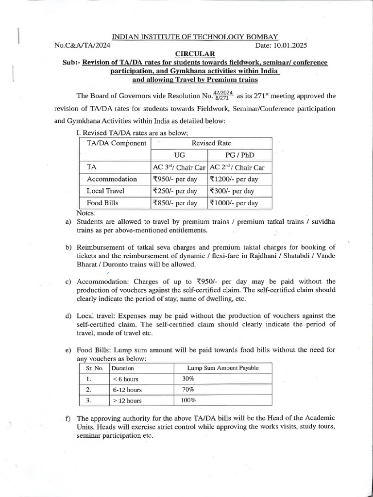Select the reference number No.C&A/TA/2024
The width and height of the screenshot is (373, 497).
point(83,45)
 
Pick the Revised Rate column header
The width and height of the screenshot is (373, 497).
point(211,143)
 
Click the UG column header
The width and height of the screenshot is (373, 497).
point(179,155)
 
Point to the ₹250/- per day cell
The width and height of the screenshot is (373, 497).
point(174,191)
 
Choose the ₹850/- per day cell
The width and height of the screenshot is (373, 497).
point(174,203)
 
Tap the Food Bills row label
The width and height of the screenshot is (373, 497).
point(102,203)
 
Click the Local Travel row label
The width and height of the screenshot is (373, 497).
point(105,191)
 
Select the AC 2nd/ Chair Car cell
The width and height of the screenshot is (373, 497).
point(237,167)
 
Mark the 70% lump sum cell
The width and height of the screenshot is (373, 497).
point(188,389)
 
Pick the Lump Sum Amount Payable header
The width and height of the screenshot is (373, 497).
point(223,368)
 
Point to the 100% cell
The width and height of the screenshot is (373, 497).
point(189,400)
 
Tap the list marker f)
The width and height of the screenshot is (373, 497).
point(68,418)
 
